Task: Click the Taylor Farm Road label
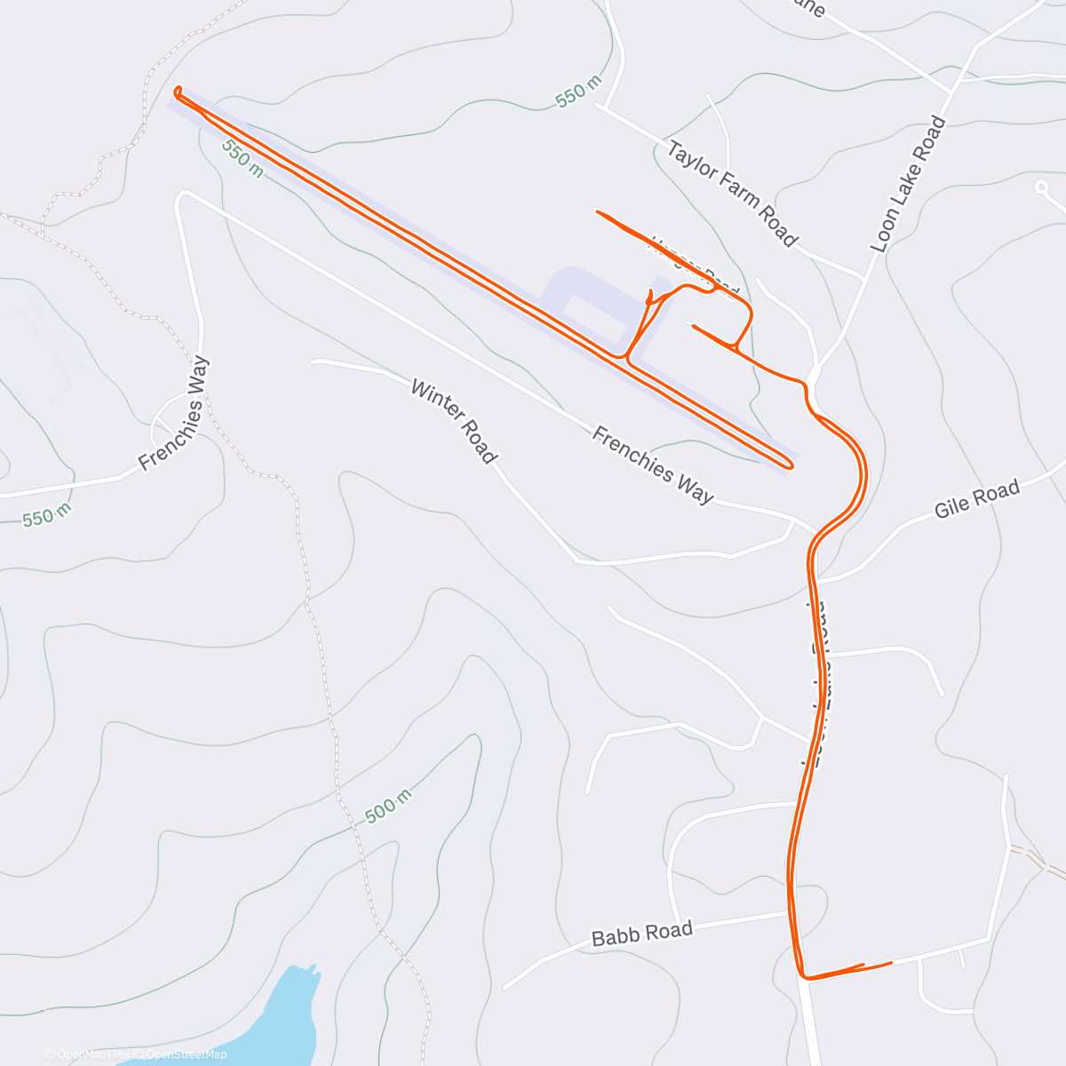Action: (732, 193)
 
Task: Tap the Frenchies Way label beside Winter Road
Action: (653, 465)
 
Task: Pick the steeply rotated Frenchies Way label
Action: (174, 413)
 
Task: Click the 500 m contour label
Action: (388, 805)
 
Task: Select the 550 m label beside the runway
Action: (243, 158)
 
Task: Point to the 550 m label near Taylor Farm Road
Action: (578, 91)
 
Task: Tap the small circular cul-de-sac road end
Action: (1041, 187)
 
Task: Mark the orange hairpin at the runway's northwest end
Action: (179, 91)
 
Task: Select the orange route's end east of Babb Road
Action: (889, 962)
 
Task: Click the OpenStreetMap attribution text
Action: (186, 1054)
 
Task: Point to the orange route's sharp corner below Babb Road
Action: (804, 976)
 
